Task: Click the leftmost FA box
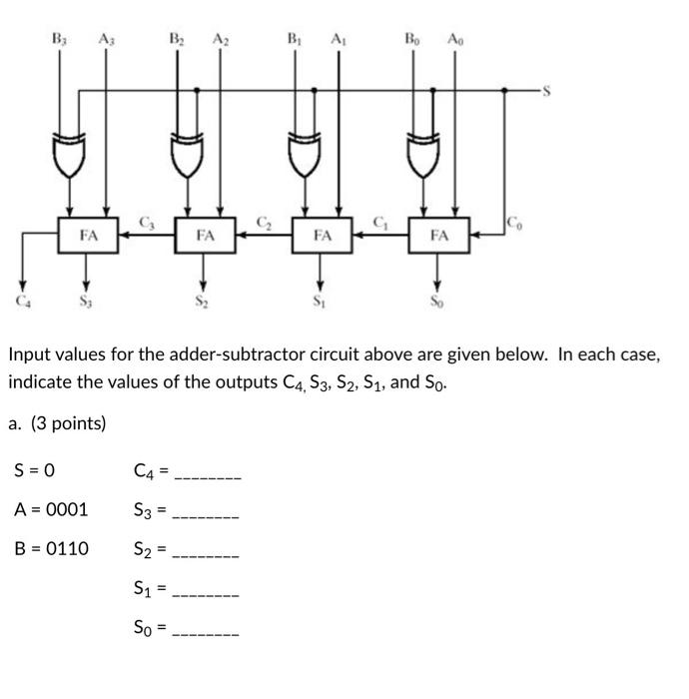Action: pos(89,237)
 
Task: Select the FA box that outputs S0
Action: pos(439,237)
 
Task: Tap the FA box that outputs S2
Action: pos(205,237)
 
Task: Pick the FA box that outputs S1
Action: pos(322,237)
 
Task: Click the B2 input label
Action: pos(176,40)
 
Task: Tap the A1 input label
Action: pos(338,40)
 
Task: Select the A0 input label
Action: pos(455,40)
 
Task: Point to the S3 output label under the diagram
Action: pos(88,299)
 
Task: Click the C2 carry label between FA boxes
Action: pos(264,221)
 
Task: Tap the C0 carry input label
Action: pos(514,223)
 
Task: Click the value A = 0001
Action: pos(51,509)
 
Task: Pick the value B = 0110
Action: pos(51,548)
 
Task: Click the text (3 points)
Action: pos(68,423)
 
